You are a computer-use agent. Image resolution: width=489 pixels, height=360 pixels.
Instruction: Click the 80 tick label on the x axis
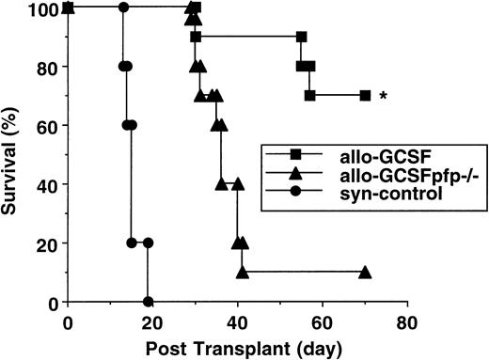pyautogui.click(x=407, y=321)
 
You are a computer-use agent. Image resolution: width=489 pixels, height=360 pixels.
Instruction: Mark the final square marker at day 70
pyautogui.click(x=365, y=95)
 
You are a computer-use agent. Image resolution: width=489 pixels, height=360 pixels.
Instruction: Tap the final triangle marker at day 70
pyautogui.click(x=365, y=273)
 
